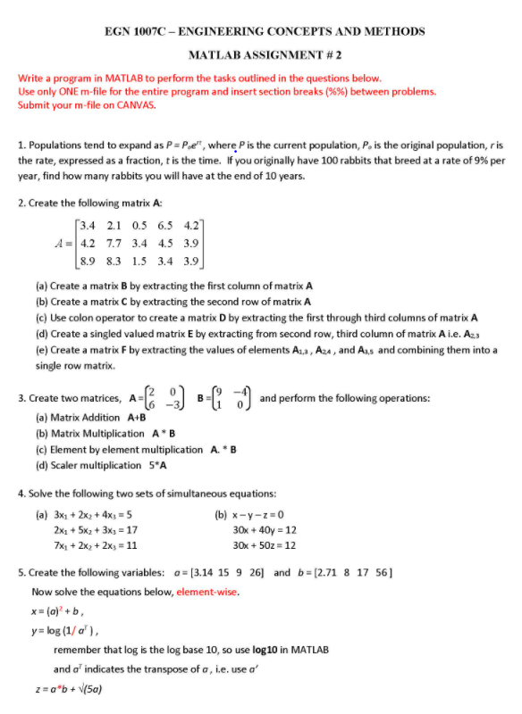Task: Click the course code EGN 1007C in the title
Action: pos(135,31)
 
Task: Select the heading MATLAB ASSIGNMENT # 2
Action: pos(263,54)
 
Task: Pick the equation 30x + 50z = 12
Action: pos(264,544)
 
